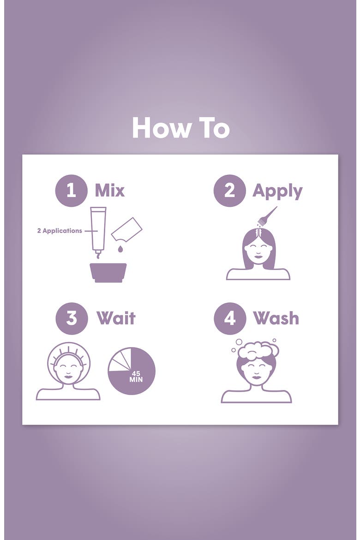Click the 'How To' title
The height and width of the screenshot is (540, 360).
pos(181,128)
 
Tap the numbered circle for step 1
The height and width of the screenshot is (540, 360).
pos(72,191)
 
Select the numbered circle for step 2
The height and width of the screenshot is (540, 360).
pos(230,191)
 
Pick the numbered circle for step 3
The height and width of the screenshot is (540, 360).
pos(72,318)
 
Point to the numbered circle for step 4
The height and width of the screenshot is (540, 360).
pos(230,318)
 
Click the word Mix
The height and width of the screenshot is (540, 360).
pos(109,191)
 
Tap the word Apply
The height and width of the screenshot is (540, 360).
pos(277,192)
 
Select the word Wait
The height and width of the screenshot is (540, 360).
pos(116,318)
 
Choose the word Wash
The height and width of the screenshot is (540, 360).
pos(276,318)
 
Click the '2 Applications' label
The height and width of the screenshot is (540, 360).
pos(60,231)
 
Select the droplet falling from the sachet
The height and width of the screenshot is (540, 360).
pos(120,249)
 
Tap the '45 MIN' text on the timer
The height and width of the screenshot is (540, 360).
pos(136,377)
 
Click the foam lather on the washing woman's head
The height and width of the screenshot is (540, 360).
pos(258,351)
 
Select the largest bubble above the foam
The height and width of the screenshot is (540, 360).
pos(239,342)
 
